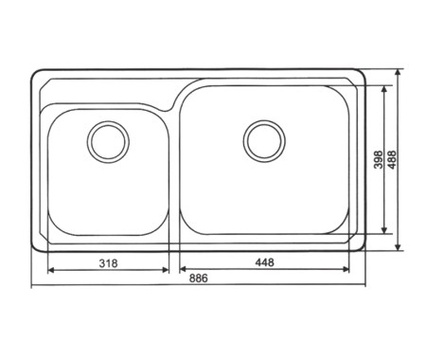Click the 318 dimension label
click(108, 263)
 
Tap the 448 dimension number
click(265, 262)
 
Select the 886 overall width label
click(199, 279)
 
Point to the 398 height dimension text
click(378, 159)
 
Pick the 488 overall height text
click(392, 159)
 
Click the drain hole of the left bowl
click(108, 142)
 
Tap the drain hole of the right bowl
click(264, 141)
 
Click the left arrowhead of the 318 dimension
click(51, 270)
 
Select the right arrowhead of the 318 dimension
click(166, 270)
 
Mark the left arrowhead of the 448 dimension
click(184, 269)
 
